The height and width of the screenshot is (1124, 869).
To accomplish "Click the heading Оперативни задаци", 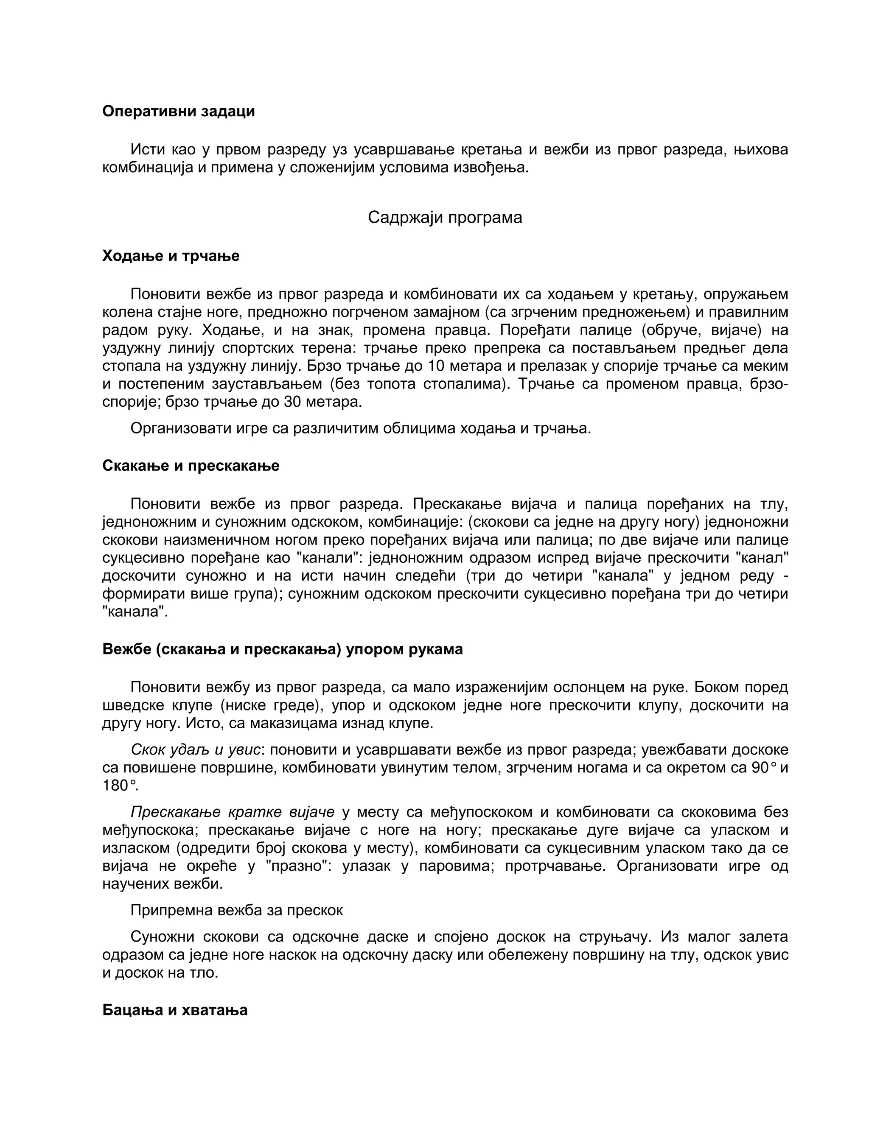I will (178, 111).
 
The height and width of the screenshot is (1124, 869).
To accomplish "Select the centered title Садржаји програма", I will (445, 217).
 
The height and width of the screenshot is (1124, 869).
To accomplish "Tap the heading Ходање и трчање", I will (171, 256).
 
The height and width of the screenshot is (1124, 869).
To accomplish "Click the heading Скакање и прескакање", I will (191, 465).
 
